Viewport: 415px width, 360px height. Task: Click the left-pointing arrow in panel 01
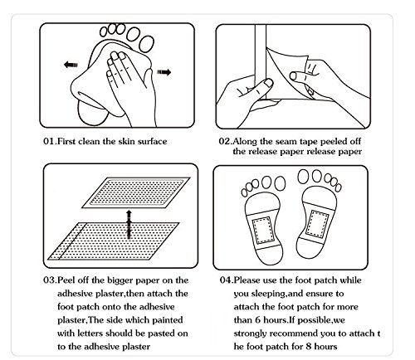71,65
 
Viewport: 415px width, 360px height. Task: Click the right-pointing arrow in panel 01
164,72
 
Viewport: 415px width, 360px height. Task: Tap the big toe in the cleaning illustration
147,44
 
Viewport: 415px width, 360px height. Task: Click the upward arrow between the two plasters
129,224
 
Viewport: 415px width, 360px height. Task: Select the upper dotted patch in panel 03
136,192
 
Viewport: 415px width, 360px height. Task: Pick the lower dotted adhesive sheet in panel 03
114,241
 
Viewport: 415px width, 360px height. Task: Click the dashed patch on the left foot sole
262,230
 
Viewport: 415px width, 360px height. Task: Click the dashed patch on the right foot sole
318,224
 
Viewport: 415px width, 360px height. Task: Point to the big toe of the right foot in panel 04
304,177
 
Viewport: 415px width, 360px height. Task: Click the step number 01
50,141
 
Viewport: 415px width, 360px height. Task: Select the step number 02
225,141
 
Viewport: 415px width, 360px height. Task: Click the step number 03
50,280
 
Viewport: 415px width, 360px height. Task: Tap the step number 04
227,280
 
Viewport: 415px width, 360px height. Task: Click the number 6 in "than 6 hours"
258,320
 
